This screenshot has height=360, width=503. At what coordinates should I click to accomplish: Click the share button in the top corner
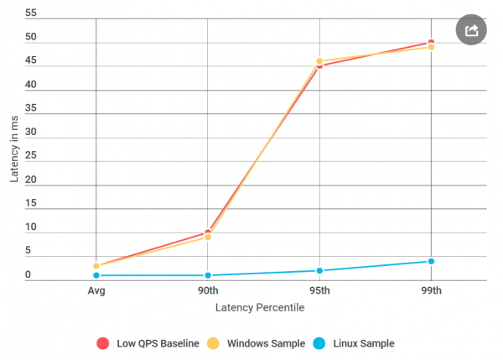click(x=471, y=29)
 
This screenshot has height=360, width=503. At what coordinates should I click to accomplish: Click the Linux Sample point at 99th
click(x=431, y=261)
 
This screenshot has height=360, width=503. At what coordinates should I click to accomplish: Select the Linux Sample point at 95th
click(x=319, y=270)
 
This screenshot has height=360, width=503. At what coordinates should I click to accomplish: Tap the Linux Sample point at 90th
click(x=208, y=275)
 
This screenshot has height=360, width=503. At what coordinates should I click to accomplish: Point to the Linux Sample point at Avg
click(x=96, y=275)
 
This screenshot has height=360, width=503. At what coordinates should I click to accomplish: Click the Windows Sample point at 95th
click(x=319, y=61)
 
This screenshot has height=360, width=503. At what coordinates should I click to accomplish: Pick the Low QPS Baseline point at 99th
click(x=431, y=42)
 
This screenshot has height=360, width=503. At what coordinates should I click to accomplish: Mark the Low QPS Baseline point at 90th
click(x=208, y=232)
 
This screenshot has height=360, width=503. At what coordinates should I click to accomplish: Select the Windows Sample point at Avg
click(x=96, y=266)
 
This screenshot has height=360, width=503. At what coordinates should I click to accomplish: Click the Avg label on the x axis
click(x=96, y=290)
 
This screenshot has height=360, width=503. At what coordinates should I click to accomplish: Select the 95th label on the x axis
click(x=319, y=290)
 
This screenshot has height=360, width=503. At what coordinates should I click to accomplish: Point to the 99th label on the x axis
click(x=431, y=290)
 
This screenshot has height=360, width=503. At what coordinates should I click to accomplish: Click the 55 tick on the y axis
click(x=31, y=14)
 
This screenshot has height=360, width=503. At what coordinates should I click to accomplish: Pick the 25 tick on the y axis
click(x=31, y=156)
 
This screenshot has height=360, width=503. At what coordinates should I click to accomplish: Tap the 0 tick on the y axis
click(x=28, y=274)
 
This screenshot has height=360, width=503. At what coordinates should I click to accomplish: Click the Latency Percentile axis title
click(x=260, y=308)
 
